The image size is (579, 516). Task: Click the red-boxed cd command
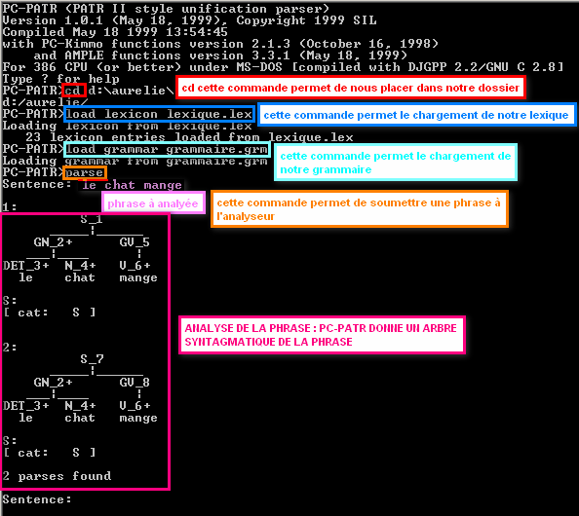click(x=74, y=91)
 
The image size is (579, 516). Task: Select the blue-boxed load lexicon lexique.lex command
click(x=159, y=114)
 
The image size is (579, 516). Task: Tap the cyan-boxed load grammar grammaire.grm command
click(x=167, y=149)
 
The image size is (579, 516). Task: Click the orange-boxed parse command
click(x=85, y=172)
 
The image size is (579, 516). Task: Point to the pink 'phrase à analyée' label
click(x=153, y=203)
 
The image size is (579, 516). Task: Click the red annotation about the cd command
click(x=351, y=88)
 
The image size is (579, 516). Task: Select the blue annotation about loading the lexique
click(x=416, y=115)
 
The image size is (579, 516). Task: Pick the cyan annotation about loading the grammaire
click(x=396, y=163)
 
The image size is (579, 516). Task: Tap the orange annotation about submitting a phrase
click(x=360, y=208)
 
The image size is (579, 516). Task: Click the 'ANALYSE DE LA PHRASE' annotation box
click(x=322, y=335)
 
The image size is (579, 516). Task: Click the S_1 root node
click(x=92, y=219)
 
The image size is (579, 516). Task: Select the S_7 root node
click(x=92, y=359)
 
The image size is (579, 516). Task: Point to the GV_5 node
click(x=135, y=242)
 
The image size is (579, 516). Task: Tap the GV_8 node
click(x=135, y=383)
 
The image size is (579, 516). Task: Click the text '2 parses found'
click(x=57, y=476)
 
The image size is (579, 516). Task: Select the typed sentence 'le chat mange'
click(x=132, y=185)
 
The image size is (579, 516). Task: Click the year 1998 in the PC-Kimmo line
click(x=415, y=44)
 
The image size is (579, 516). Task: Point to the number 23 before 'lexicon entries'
click(x=33, y=137)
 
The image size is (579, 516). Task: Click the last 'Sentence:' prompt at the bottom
click(x=37, y=499)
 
